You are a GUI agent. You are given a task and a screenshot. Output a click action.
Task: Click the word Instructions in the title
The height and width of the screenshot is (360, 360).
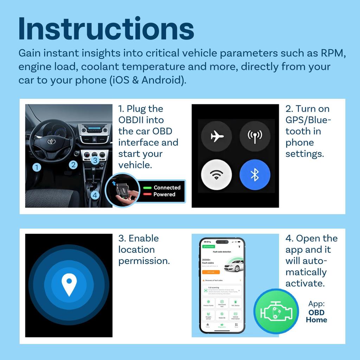point(106,29)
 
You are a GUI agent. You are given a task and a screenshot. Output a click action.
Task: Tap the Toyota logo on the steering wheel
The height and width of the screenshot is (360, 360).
point(52,141)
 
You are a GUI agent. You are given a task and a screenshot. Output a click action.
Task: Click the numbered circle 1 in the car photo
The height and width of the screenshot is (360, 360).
point(37,168)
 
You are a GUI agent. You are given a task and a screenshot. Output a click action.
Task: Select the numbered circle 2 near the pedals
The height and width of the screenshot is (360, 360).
point(73,165)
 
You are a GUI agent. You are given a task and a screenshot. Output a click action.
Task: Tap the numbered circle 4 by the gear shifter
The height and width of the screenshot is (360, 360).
point(94,195)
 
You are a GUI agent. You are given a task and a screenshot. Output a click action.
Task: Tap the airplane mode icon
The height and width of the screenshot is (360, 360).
point(216,136)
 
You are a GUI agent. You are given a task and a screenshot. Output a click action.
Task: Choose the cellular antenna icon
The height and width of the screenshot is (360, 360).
point(255,136)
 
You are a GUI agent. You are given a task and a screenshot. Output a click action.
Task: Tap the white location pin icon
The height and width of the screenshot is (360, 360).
point(69,285)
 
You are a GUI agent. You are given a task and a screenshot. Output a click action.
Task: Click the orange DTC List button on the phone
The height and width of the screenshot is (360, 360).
point(211,272)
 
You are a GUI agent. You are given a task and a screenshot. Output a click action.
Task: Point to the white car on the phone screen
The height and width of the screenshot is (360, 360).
point(234,266)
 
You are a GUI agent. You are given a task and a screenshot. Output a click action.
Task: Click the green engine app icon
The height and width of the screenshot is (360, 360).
point(276,311)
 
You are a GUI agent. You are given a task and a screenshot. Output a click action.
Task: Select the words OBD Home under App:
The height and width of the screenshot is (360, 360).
point(316,316)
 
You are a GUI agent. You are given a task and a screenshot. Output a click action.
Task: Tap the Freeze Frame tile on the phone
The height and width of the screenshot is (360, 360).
point(208,303)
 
